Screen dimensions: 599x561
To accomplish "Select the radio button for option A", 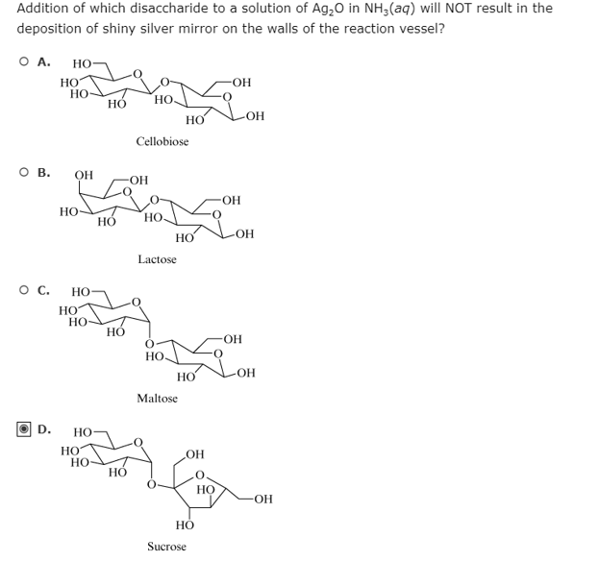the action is click(22, 63).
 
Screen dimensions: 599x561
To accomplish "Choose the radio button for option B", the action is click(22, 174).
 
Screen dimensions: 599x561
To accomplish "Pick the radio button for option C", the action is click(22, 288).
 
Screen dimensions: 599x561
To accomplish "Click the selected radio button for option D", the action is click(23, 428).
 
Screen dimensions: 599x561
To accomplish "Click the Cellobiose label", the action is click(162, 141).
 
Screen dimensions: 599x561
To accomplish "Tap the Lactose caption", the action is click(157, 259).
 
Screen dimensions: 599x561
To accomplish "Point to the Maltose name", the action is click(157, 398).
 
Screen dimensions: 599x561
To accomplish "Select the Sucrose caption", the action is click(166, 546).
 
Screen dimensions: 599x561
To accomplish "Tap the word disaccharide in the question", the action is click(168, 9).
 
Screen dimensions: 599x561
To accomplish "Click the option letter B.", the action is click(43, 174).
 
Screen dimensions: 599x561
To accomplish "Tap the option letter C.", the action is click(43, 288).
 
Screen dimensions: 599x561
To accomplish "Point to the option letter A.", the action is click(43, 63).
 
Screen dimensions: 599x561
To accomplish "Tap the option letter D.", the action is click(44, 428).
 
